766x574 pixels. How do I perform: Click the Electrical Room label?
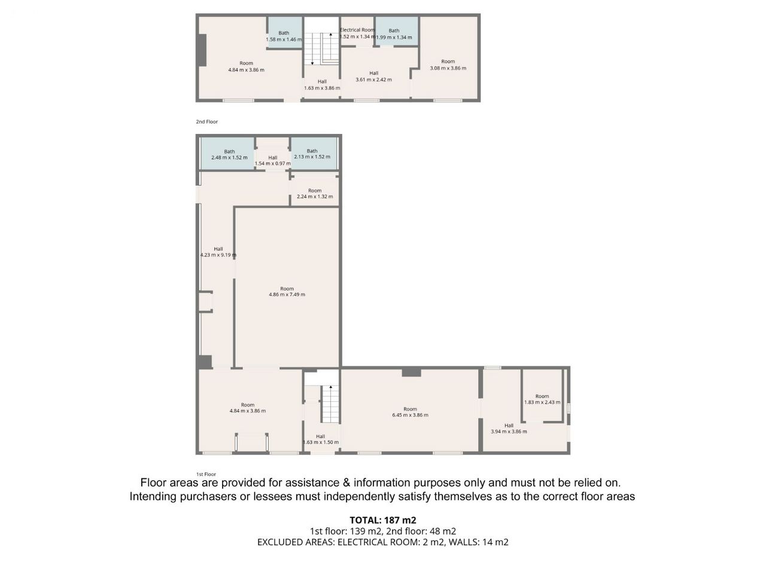pos(357,30)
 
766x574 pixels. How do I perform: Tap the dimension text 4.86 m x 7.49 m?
pos(287,295)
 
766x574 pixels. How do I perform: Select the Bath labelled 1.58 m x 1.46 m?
pos(284,32)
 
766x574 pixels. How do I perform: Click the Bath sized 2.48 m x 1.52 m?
pos(227,154)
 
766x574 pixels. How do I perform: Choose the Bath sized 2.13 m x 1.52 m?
pos(314,154)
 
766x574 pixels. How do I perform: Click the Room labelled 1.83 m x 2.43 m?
pos(542,396)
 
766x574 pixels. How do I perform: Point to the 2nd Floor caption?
pos(207,121)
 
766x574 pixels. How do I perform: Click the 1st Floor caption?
pos(206,474)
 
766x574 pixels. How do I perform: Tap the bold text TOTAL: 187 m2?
pos(383,520)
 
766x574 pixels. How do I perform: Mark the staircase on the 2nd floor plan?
pos(321,49)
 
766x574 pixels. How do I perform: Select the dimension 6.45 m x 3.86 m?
pos(410,415)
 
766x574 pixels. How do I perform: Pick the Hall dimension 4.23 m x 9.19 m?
pos(218,255)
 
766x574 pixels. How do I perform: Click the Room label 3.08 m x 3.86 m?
pos(448,68)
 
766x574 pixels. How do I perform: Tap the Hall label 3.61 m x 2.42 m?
pos(374,80)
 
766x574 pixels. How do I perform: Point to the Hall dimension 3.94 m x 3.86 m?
pos(509,432)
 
